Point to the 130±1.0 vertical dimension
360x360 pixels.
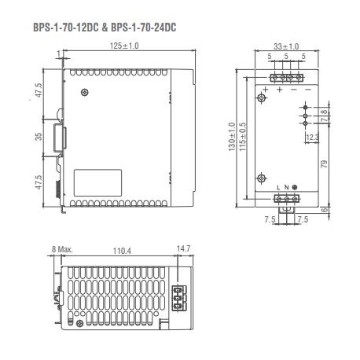coord(231,138)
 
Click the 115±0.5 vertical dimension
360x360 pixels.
coord(243,138)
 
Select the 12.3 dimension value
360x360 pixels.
coord(312,138)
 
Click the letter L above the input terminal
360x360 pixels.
coord(278,187)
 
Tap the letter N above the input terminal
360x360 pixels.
coord(286,187)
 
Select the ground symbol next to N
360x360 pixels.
coord(295,187)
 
